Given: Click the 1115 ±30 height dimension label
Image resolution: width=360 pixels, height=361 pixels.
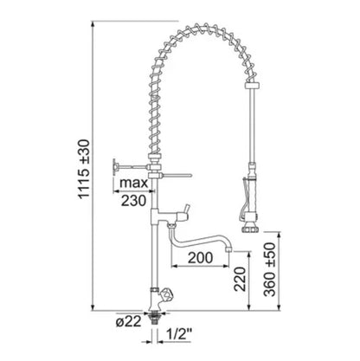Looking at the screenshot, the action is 85,169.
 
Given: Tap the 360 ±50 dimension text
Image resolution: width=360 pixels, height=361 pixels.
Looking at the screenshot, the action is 270,269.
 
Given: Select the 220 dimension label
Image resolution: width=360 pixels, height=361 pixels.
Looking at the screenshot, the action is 240,279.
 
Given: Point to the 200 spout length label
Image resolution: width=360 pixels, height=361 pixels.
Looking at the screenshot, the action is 201,258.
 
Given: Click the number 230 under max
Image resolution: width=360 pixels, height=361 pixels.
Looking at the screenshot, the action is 133,201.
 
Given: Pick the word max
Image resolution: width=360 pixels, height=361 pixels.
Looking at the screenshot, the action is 133,183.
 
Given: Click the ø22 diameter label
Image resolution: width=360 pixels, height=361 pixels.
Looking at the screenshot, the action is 129,321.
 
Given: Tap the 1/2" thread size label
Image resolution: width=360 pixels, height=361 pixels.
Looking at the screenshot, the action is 179,334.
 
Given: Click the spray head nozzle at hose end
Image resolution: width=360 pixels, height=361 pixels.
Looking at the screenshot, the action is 251,226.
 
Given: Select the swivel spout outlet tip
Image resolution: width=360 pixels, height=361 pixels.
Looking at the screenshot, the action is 229,248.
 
